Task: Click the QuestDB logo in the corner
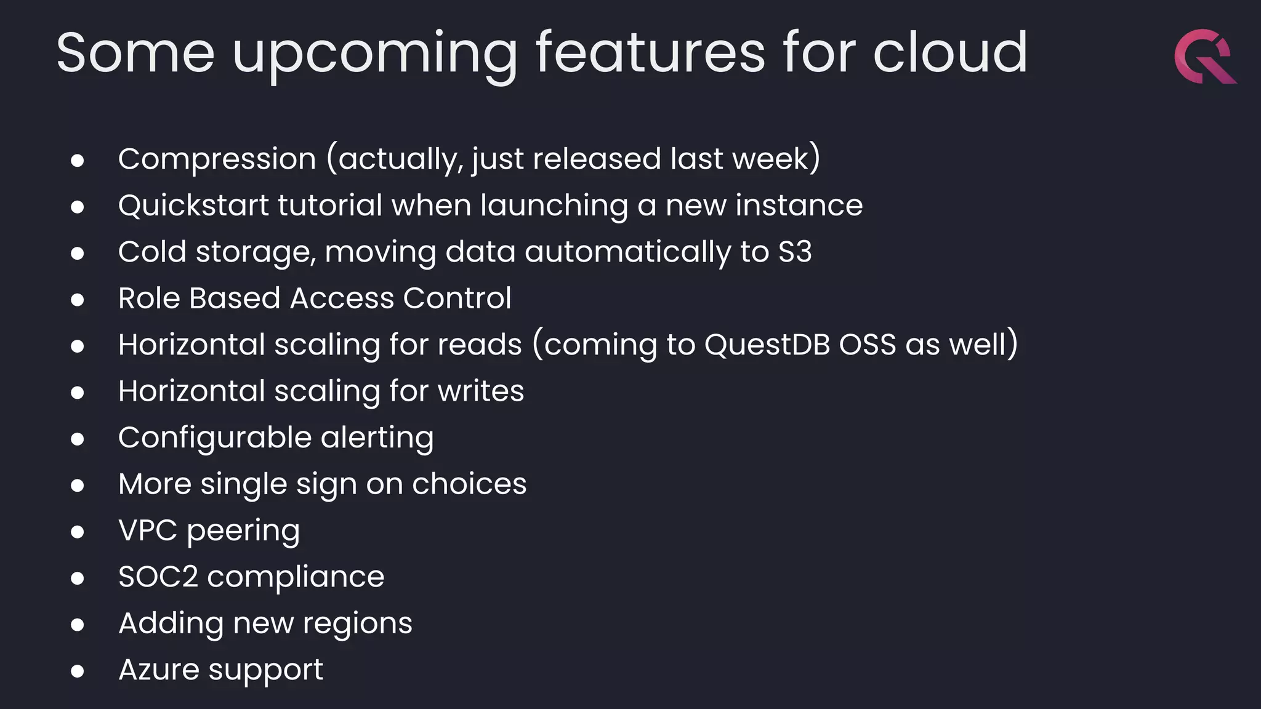[x=1204, y=57]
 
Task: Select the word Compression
[x=217, y=159]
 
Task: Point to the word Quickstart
[x=193, y=206]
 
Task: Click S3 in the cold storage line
[x=795, y=252]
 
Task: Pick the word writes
[x=480, y=391]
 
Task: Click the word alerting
[x=377, y=438]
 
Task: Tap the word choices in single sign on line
[x=469, y=484]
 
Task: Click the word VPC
[x=148, y=531]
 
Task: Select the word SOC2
[x=158, y=577]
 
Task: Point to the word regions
[x=357, y=624]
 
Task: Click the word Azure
[x=159, y=670]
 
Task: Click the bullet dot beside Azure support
[x=78, y=671]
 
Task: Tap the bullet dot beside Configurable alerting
[x=78, y=439]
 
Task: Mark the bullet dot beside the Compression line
[x=78, y=161]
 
